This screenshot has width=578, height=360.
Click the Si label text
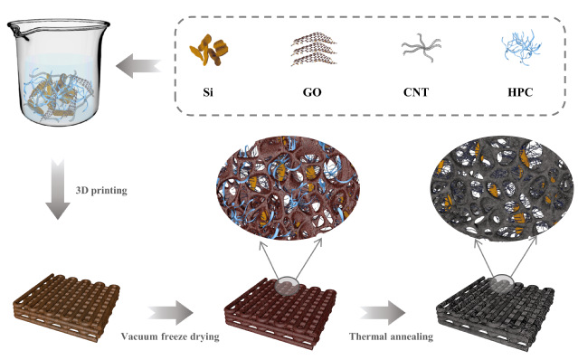coord(208,91)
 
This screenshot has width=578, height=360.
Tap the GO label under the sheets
coord(312,91)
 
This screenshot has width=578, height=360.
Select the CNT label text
coord(416,91)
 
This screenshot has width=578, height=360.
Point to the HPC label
coord(520,91)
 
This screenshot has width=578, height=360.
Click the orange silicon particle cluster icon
coord(209,50)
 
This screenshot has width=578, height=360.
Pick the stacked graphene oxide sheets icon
coord(314,49)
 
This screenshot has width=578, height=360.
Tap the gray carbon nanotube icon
coord(421,48)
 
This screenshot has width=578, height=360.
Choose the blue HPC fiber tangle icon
coord(521,48)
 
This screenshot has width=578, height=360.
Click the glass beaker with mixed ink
coord(58,71)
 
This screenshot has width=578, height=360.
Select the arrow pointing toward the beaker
coord(138,66)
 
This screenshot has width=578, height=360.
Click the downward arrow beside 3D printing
coord(58,189)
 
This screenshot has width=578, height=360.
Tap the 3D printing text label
coord(101,191)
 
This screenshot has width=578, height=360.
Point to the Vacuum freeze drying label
coord(170,336)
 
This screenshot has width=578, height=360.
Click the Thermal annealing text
coord(391,336)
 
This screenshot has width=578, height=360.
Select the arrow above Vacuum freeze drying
coord(171,313)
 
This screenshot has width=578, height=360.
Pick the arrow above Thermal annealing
coord(383,313)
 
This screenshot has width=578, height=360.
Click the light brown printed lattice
coord(66,307)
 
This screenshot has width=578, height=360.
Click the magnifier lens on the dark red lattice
coord(288,286)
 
